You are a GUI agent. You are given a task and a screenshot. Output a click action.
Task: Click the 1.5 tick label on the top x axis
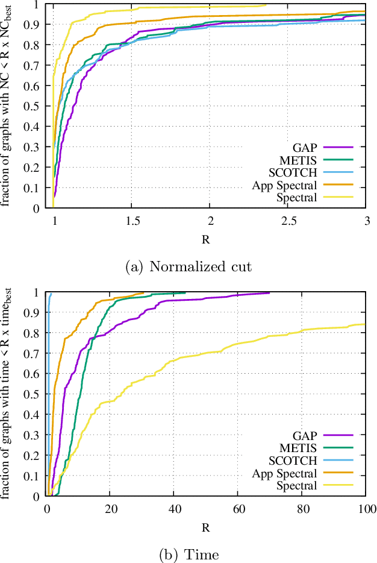(x=132, y=221)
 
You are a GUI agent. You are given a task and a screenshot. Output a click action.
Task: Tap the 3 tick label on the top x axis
(x=366, y=221)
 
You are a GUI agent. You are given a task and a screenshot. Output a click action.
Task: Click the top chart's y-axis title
(x=8, y=106)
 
